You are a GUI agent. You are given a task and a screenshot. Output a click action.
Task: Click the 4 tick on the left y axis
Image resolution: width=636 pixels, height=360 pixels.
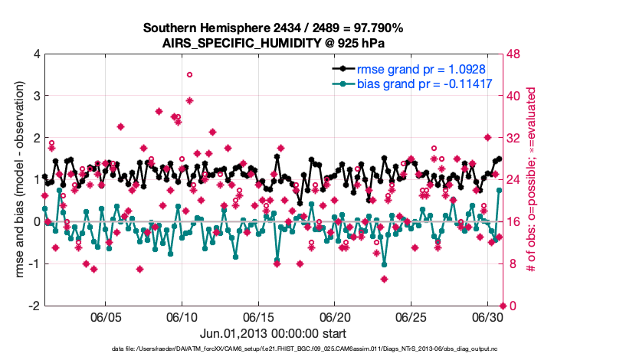[36, 54]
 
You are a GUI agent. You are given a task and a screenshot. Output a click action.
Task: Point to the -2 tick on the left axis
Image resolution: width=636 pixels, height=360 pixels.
[34, 306]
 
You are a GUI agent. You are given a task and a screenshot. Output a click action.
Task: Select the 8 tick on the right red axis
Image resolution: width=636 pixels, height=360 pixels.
[512, 263]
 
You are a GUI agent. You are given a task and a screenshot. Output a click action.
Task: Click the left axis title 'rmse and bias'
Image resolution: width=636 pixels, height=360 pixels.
[17, 180]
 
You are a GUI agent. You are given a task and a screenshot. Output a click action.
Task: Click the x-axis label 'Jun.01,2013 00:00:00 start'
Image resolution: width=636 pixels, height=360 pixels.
[274, 334]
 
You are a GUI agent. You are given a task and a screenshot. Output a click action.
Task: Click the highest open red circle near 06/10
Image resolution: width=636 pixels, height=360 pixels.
[189, 75]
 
